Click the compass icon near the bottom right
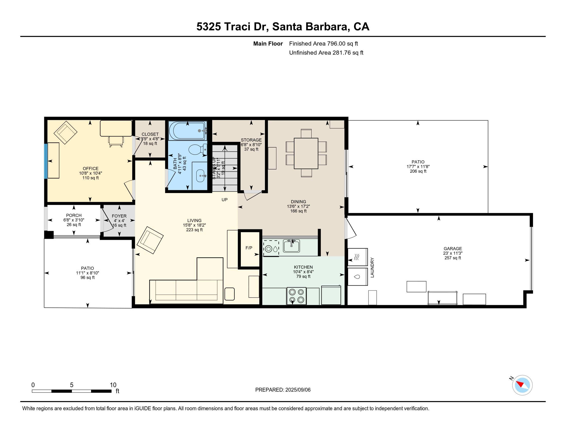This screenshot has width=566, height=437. (x=522, y=385)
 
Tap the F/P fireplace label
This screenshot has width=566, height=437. (x=249, y=248)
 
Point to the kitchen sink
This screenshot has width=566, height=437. (x=291, y=245)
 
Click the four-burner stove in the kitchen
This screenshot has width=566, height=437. (x=296, y=296)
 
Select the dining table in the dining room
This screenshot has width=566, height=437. (x=306, y=153)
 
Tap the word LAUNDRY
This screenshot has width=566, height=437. (x=372, y=267)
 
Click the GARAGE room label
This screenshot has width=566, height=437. (x=453, y=248)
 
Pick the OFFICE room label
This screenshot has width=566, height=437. (x=91, y=168)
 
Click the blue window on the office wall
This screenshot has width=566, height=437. (x=46, y=161)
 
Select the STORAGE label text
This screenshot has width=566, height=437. (x=251, y=140)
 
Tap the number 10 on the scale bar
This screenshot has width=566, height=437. (x=113, y=385)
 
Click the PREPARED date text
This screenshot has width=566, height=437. (x=283, y=390)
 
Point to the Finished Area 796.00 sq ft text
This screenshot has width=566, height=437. (x=323, y=43)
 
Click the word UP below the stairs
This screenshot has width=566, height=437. (x=224, y=199)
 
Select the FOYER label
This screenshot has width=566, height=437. (x=119, y=216)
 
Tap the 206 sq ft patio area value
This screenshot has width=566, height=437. (x=418, y=171)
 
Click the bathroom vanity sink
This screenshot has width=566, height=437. (x=200, y=176)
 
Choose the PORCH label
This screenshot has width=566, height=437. (x=74, y=215)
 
